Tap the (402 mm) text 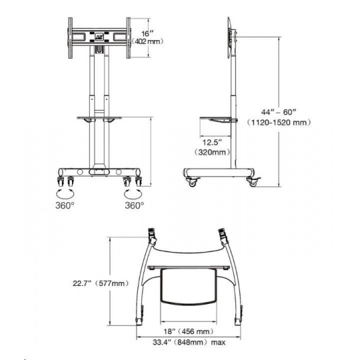point(148,41)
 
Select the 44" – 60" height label point(279,112)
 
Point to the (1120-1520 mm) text point(279,123)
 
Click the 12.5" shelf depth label point(212,143)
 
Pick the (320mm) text point(212,152)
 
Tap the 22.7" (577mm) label point(101,283)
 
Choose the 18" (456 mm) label point(188,331)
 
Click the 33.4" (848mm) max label point(189,342)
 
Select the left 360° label point(65,205)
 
